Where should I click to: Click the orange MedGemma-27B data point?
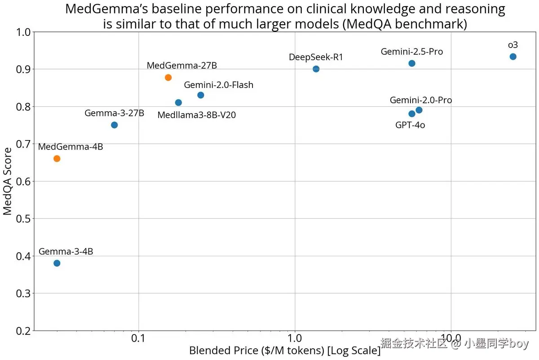[168, 78]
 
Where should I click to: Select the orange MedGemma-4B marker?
[57, 158]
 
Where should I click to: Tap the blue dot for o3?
[513, 57]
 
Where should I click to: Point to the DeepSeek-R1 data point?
[316, 69]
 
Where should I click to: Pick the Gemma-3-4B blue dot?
[57, 263]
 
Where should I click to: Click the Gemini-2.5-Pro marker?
[412, 63]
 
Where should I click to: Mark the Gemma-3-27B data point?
[115, 125]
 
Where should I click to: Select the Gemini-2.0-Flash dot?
[201, 95]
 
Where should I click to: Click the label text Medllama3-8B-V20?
[196, 115]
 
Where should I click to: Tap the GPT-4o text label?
[410, 125]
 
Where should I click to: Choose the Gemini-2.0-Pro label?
[421, 100]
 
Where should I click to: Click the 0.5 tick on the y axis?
[23, 219]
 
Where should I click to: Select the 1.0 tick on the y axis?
[23, 32]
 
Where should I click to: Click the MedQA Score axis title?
[8, 181]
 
